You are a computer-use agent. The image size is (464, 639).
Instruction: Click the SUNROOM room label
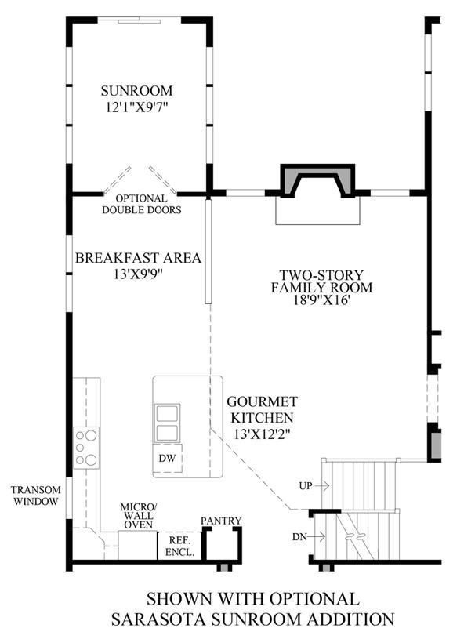click(136, 90)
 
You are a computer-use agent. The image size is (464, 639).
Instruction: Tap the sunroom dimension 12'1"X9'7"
click(137, 107)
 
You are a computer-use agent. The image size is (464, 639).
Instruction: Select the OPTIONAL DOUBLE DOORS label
click(141, 204)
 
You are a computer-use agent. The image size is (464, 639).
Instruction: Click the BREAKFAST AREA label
click(138, 258)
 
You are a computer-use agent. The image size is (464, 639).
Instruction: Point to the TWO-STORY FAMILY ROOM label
click(321, 281)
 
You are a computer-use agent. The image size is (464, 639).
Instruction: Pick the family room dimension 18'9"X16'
click(321, 300)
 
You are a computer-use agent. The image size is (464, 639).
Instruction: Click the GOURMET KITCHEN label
click(262, 409)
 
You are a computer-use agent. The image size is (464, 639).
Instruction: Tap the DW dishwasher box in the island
click(168, 458)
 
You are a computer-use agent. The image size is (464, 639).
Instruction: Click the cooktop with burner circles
click(86, 448)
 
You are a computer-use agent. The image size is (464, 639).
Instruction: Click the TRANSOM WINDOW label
click(36, 496)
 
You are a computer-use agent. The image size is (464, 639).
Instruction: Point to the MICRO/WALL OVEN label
click(139, 516)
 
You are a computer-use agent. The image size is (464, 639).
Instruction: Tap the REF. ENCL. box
click(179, 546)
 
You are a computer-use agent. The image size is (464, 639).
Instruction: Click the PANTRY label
click(221, 521)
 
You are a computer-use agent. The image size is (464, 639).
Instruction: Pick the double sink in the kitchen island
click(167, 423)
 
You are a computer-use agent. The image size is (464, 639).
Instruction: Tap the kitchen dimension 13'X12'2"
click(262, 434)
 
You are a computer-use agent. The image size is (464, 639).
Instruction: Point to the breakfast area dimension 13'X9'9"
click(138, 274)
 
